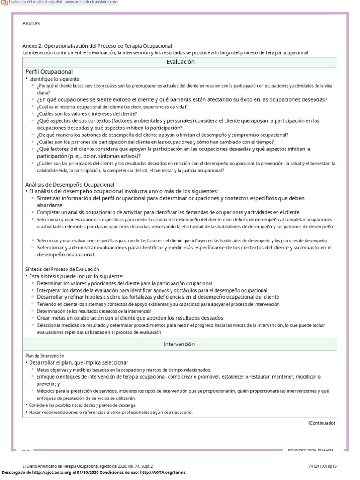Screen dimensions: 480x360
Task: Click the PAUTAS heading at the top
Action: pyautogui.click(x=31, y=23)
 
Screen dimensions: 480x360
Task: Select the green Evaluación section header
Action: pyautogui.click(x=180, y=62)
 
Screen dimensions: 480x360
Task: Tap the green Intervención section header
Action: pyautogui.click(x=179, y=344)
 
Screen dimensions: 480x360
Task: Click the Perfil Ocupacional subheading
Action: pyautogui.click(x=49, y=72)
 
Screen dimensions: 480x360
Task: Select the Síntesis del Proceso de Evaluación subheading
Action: pyautogui.click(x=62, y=269)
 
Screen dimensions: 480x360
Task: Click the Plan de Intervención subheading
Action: pyautogui.click(x=45, y=356)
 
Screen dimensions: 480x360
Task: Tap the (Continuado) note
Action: pyautogui.click(x=322, y=423)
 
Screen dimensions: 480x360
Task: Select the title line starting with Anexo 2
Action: pyautogui.click(x=97, y=46)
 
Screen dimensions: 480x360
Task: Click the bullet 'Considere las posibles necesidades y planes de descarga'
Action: pyautogui.click(x=82, y=405)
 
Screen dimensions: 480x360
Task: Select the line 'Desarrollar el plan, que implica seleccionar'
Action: pyautogui.click(x=78, y=363)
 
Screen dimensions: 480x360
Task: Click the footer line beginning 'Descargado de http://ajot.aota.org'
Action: pyautogui.click(x=94, y=472)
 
